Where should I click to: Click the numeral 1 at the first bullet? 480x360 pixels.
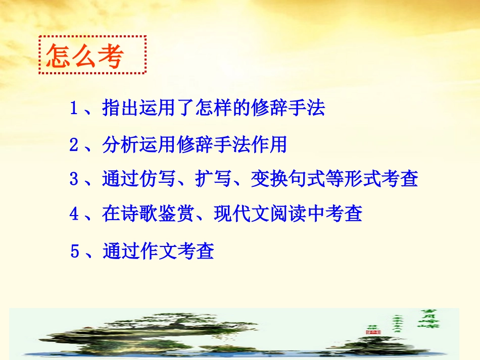click(74, 108)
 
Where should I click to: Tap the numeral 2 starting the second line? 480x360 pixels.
click(74, 145)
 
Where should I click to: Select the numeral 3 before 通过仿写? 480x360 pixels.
click(74, 179)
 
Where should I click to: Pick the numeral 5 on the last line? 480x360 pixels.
click(75, 250)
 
